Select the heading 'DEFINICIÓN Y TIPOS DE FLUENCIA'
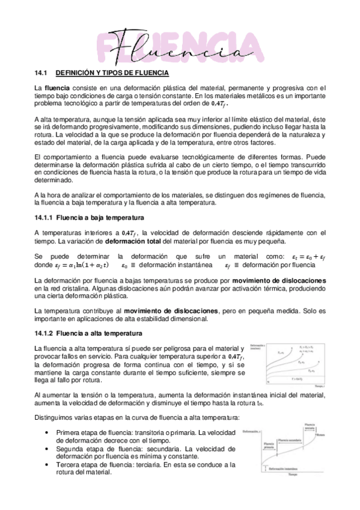[112, 73]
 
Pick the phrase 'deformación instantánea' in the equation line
[183, 265]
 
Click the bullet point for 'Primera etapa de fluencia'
[47, 432]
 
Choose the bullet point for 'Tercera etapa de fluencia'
[47, 465]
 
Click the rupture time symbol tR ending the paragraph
[259, 404]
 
